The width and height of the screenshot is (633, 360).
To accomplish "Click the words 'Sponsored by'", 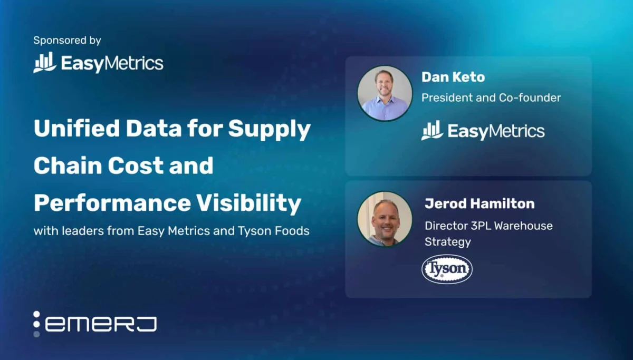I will coord(67,40).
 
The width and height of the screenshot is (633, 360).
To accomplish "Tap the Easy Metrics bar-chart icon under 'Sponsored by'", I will coord(45,63).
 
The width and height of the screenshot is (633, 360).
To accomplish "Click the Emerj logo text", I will coord(101,324).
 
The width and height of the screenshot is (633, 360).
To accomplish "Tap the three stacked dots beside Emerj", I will coord(36,324).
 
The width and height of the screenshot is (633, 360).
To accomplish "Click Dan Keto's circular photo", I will coord(385,93).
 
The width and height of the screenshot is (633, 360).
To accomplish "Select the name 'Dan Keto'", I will coord(453,77).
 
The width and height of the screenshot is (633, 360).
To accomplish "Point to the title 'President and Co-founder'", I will coord(491,98).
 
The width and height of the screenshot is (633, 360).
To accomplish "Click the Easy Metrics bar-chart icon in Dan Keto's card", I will coord(432,131).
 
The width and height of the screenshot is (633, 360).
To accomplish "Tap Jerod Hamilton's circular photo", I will coord(385,218).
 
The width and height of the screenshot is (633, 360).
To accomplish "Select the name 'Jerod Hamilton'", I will coord(479,203).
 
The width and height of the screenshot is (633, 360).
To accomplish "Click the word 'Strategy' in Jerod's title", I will coord(447,242).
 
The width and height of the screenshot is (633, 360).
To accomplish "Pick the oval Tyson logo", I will coord(447,269).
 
